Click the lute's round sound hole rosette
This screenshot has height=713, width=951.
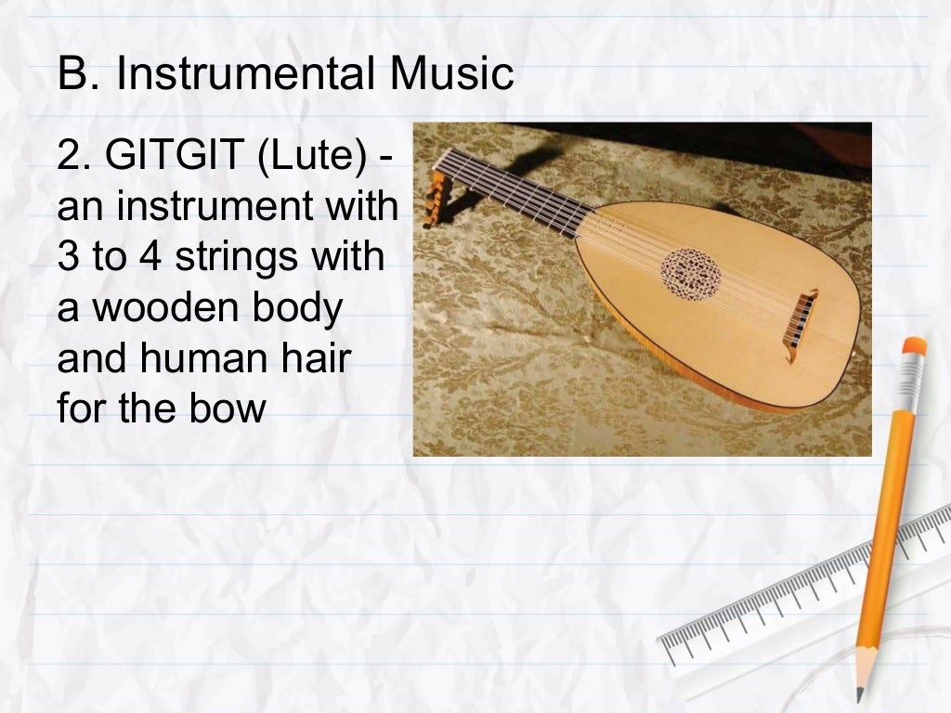(691, 272)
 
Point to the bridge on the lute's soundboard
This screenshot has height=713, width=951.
(801, 314)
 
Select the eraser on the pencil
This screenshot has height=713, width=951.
(913, 348)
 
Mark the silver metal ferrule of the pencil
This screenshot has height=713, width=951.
(907, 375)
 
